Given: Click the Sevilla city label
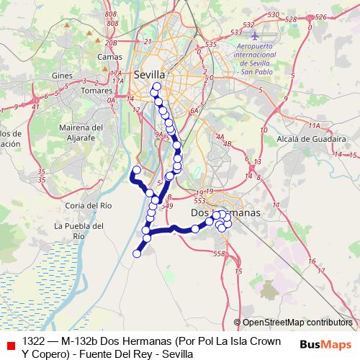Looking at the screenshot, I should (150, 74).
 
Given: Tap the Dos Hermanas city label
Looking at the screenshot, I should (225, 213).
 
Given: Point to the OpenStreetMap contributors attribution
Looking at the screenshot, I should (297, 323).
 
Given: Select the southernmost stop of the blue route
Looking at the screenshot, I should (137, 253).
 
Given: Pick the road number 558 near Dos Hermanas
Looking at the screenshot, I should (220, 254).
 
